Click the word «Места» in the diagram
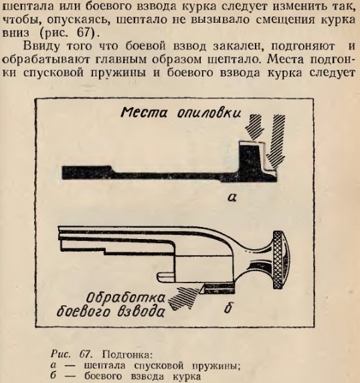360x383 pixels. pos(144,113)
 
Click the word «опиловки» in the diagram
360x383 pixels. pos(209,113)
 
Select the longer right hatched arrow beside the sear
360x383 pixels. pos(276,141)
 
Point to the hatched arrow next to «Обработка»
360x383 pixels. pos(183,298)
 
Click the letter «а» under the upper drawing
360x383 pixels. pos(232,198)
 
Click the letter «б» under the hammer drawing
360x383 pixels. pos(228,309)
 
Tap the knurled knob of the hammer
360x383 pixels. pos(280,260)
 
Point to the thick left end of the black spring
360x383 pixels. pos(87,173)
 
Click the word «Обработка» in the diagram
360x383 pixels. pos(126,298)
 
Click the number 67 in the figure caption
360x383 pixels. pos(85,354)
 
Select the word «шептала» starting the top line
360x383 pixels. pos(27,7)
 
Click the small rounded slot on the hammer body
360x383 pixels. pos(165,277)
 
